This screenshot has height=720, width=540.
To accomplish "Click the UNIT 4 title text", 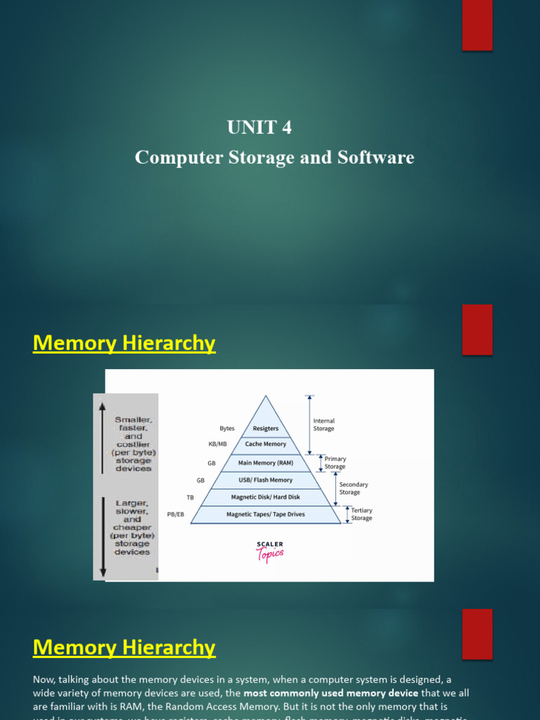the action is click(x=259, y=127).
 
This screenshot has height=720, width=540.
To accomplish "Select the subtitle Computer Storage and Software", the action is click(x=274, y=157).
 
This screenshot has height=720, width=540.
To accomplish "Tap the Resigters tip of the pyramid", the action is click(x=265, y=428).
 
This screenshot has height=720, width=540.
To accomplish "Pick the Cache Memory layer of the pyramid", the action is click(x=265, y=444).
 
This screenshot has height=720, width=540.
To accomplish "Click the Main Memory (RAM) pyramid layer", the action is click(x=265, y=463).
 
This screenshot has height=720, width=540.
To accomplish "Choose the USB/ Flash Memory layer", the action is click(x=265, y=480).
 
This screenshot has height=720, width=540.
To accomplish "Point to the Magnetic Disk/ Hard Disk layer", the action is click(x=265, y=497).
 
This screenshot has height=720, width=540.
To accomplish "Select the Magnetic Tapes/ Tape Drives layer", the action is click(x=265, y=515).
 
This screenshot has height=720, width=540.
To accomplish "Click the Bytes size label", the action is click(x=227, y=428).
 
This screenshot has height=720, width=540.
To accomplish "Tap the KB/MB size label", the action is click(x=218, y=444).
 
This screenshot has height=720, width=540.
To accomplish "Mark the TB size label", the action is click(x=190, y=497).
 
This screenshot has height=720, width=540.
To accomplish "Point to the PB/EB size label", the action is click(x=176, y=515).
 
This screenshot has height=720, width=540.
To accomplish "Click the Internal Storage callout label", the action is click(x=323, y=425).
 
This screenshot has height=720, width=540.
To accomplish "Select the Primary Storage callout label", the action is click(x=335, y=463).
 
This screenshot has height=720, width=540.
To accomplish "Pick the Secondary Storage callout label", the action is click(x=354, y=488).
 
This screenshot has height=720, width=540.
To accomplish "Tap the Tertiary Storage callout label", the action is click(x=361, y=514).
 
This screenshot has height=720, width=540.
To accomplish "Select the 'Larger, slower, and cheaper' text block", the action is click(x=132, y=527).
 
